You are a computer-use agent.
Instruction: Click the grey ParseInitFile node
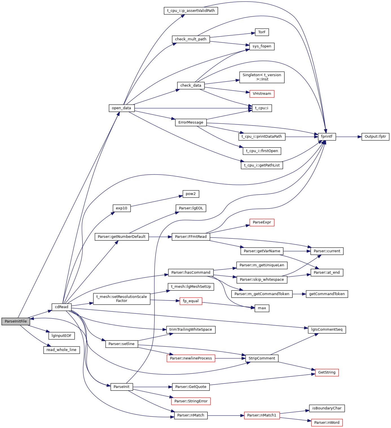point(16,321)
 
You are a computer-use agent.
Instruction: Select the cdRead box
point(61,307)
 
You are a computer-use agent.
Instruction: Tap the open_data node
point(122,108)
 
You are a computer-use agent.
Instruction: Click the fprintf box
point(327,137)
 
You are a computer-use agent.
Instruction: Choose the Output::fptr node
point(375,137)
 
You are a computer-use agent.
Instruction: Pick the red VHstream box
point(262,94)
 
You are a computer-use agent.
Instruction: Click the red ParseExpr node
point(262,222)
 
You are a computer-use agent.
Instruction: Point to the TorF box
point(262,32)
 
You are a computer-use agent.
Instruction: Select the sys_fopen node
point(262,46)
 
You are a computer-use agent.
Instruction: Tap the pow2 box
point(191,194)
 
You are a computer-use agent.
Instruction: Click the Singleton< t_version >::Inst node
point(262,77)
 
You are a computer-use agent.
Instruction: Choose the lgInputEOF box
point(61,336)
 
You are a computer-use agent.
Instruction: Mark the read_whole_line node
point(61,350)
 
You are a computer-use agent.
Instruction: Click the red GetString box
point(327,372)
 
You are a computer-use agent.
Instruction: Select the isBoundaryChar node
point(327,408)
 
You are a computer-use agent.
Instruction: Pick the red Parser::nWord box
point(327,423)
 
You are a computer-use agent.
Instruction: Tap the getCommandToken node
point(327,294)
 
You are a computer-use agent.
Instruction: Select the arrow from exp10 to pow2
point(155,201)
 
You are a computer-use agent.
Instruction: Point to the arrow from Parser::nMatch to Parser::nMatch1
point(226,416)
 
